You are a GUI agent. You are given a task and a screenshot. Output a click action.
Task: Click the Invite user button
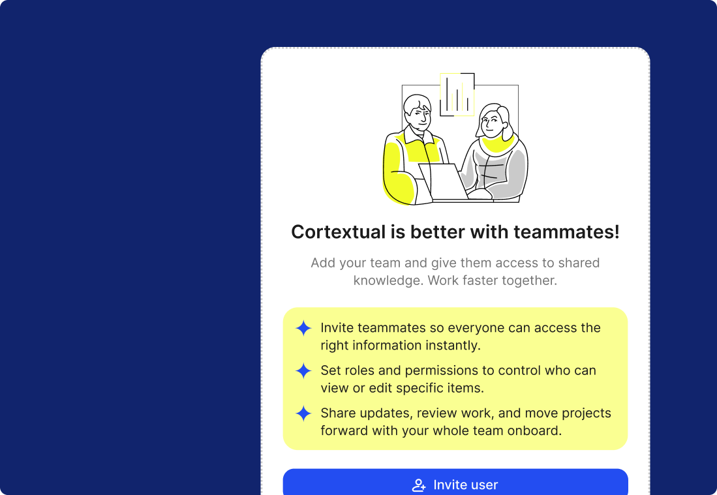pyautogui.click(x=455, y=482)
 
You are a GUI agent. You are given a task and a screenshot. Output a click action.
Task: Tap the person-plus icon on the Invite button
pyautogui.click(x=419, y=485)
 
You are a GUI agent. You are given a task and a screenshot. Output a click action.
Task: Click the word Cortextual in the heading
pyautogui.click(x=339, y=232)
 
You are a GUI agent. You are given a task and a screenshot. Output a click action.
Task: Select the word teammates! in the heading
pyautogui.click(x=566, y=232)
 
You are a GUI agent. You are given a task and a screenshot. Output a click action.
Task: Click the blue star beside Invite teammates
pyautogui.click(x=303, y=328)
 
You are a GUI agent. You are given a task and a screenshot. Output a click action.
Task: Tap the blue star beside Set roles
pyautogui.click(x=303, y=370)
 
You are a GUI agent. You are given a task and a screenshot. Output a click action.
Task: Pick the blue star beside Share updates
pyautogui.click(x=303, y=413)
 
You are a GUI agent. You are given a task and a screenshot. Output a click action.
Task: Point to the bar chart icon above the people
pyautogui.click(x=457, y=95)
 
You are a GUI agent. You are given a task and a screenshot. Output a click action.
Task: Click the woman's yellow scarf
pyautogui.click(x=498, y=145)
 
